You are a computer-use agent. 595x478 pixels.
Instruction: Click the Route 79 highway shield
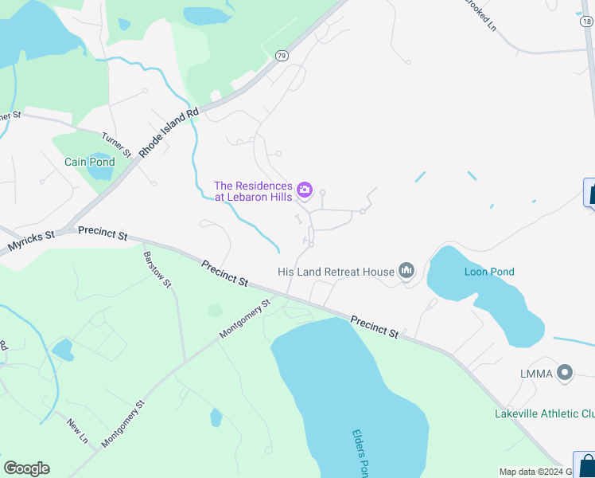click(282, 55)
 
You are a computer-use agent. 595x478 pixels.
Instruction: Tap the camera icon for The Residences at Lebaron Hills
click(304, 190)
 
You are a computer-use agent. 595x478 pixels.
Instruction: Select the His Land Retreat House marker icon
click(406, 272)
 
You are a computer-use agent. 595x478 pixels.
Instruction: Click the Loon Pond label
click(489, 272)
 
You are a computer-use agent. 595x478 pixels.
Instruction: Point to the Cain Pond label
click(89, 162)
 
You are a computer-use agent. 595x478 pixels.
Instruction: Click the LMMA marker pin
click(565, 372)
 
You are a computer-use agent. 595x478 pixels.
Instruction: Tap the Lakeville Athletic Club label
click(544, 413)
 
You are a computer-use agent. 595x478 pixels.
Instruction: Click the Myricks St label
click(31, 242)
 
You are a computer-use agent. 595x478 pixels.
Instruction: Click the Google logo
click(26, 468)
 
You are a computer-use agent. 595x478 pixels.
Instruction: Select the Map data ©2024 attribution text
click(531, 472)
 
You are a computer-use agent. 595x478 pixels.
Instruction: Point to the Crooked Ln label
click(480, 14)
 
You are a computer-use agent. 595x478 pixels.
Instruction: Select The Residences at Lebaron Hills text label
click(253, 191)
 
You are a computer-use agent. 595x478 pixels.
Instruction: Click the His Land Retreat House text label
click(336, 272)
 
